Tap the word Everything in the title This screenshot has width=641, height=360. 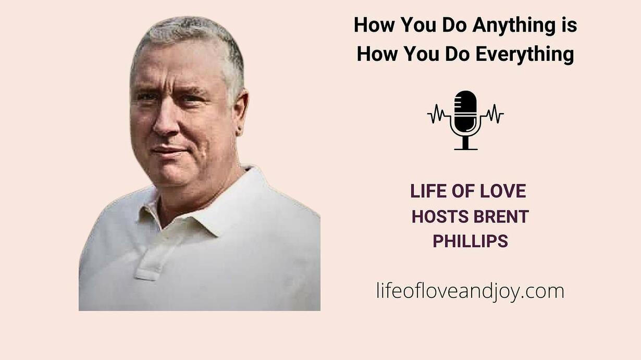coord(525,55)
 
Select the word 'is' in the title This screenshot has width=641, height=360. coord(569,24)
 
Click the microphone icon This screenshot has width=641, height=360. coord(465,120)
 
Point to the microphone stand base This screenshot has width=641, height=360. coord(466,149)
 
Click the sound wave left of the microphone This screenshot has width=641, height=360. coord(438,114)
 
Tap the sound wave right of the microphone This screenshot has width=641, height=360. coord(493,114)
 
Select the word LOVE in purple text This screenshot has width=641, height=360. coord(503,191)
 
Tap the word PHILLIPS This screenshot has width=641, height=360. coord(471,241)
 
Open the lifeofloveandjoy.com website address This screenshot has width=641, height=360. coord(471,292)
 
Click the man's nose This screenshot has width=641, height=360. coord(165,121)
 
